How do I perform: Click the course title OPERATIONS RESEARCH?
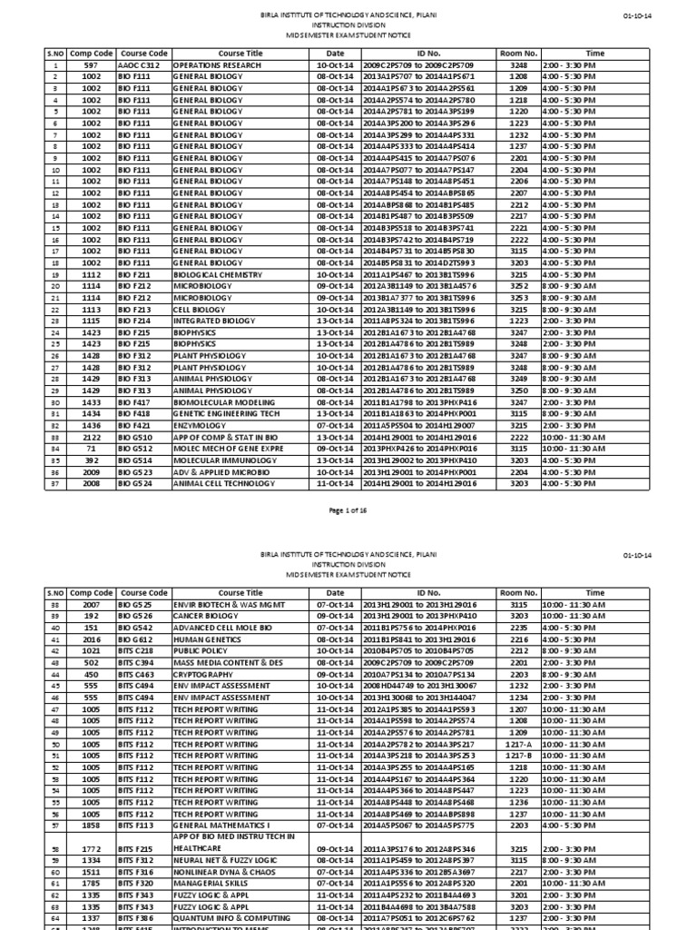pos(211,66)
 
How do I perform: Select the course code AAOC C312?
pos(142,66)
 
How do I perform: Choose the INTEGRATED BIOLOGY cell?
pos(210,320)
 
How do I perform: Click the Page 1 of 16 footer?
pos(348,510)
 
